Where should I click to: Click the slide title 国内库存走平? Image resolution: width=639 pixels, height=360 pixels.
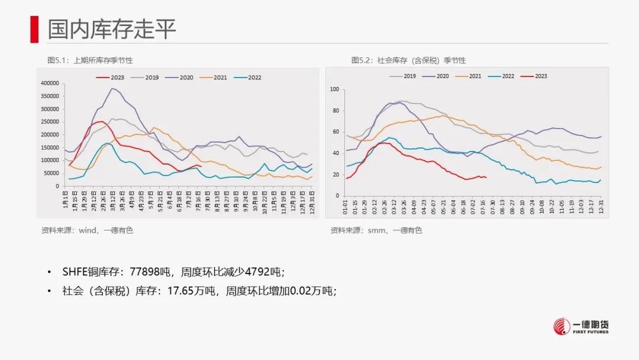tap(112, 28)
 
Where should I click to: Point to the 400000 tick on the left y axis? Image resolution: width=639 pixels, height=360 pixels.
tap(50, 83)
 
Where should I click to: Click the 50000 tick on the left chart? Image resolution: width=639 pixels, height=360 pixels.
tap(51, 173)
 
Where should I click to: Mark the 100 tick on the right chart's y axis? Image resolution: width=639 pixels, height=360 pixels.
tap(334, 89)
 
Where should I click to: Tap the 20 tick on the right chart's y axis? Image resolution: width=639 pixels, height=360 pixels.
tap(335, 175)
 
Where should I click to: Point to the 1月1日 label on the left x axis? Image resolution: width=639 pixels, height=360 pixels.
tap(65, 197)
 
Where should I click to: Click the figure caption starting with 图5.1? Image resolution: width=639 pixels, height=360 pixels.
tap(90, 60)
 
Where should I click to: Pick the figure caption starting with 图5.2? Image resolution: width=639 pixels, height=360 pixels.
tap(408, 60)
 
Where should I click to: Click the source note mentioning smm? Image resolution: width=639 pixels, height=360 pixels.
tap(376, 230)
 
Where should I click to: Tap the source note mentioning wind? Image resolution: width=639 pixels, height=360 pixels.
tap(87, 230)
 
